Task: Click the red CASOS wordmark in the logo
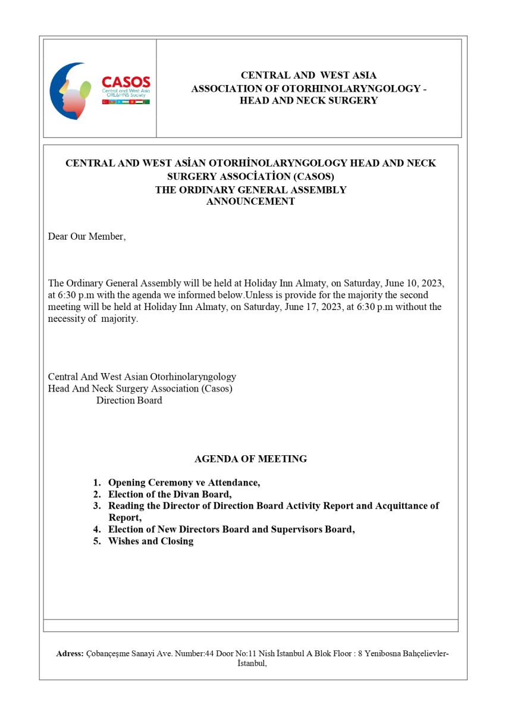click(126, 82)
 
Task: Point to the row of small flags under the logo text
click(126, 102)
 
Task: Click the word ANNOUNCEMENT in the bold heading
click(250, 202)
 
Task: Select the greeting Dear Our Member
click(87, 236)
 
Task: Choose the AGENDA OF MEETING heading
click(250, 459)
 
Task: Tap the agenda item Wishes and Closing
click(150, 541)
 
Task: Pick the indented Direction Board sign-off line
click(129, 400)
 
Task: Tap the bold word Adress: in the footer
click(70, 653)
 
